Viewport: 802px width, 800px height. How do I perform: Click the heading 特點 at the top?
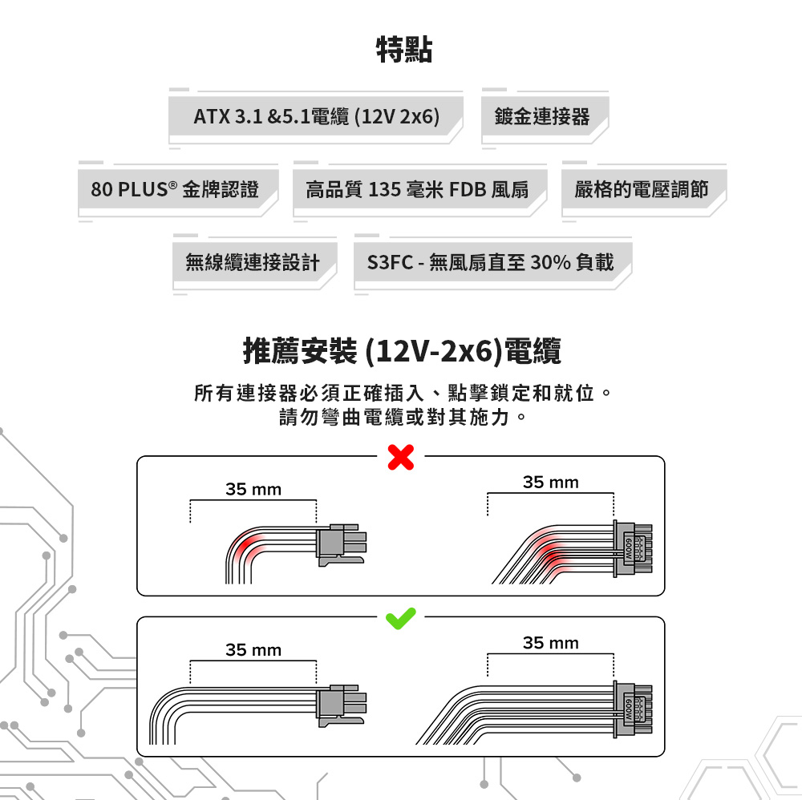pos(404,50)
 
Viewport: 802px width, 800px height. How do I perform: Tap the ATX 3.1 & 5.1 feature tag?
pos(317,117)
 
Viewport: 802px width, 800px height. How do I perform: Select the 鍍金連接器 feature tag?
pos(542,117)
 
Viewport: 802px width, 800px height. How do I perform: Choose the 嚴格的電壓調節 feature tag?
pos(642,190)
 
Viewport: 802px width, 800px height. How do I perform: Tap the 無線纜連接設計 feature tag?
pos(252,262)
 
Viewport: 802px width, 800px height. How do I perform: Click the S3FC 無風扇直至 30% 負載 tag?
pos(490,262)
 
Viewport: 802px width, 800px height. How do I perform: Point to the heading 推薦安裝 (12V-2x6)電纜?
pos(402,351)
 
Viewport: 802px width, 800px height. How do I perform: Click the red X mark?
pos(400,458)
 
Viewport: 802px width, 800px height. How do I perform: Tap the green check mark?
pos(400,617)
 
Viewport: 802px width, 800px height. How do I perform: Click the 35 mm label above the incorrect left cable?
pos(253,490)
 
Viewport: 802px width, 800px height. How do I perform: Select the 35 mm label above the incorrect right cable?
pos(550,483)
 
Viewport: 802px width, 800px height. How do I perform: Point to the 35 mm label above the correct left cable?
pos(253,650)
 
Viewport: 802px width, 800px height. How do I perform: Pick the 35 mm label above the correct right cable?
pos(550,643)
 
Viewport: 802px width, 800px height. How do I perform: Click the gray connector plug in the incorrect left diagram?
pos(341,544)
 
